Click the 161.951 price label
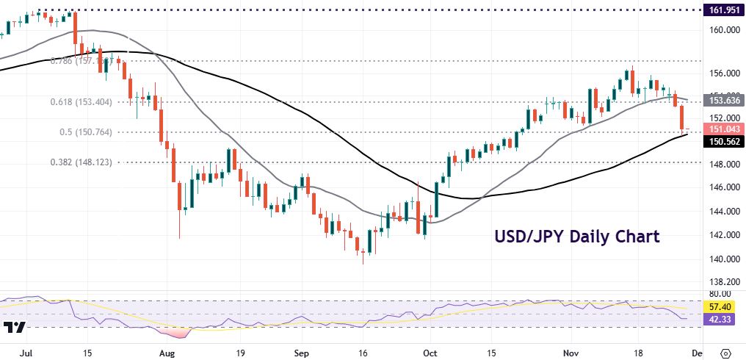pos(723,10)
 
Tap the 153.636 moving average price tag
pos(723,99)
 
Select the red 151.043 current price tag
pos(723,129)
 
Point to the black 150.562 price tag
pos(723,142)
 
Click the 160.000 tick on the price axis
pos(723,30)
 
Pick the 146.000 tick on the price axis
pos(723,187)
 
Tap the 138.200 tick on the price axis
pos(723,282)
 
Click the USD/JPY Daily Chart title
pos(576,237)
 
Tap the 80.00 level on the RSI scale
pos(723,292)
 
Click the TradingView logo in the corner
pos(15,328)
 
